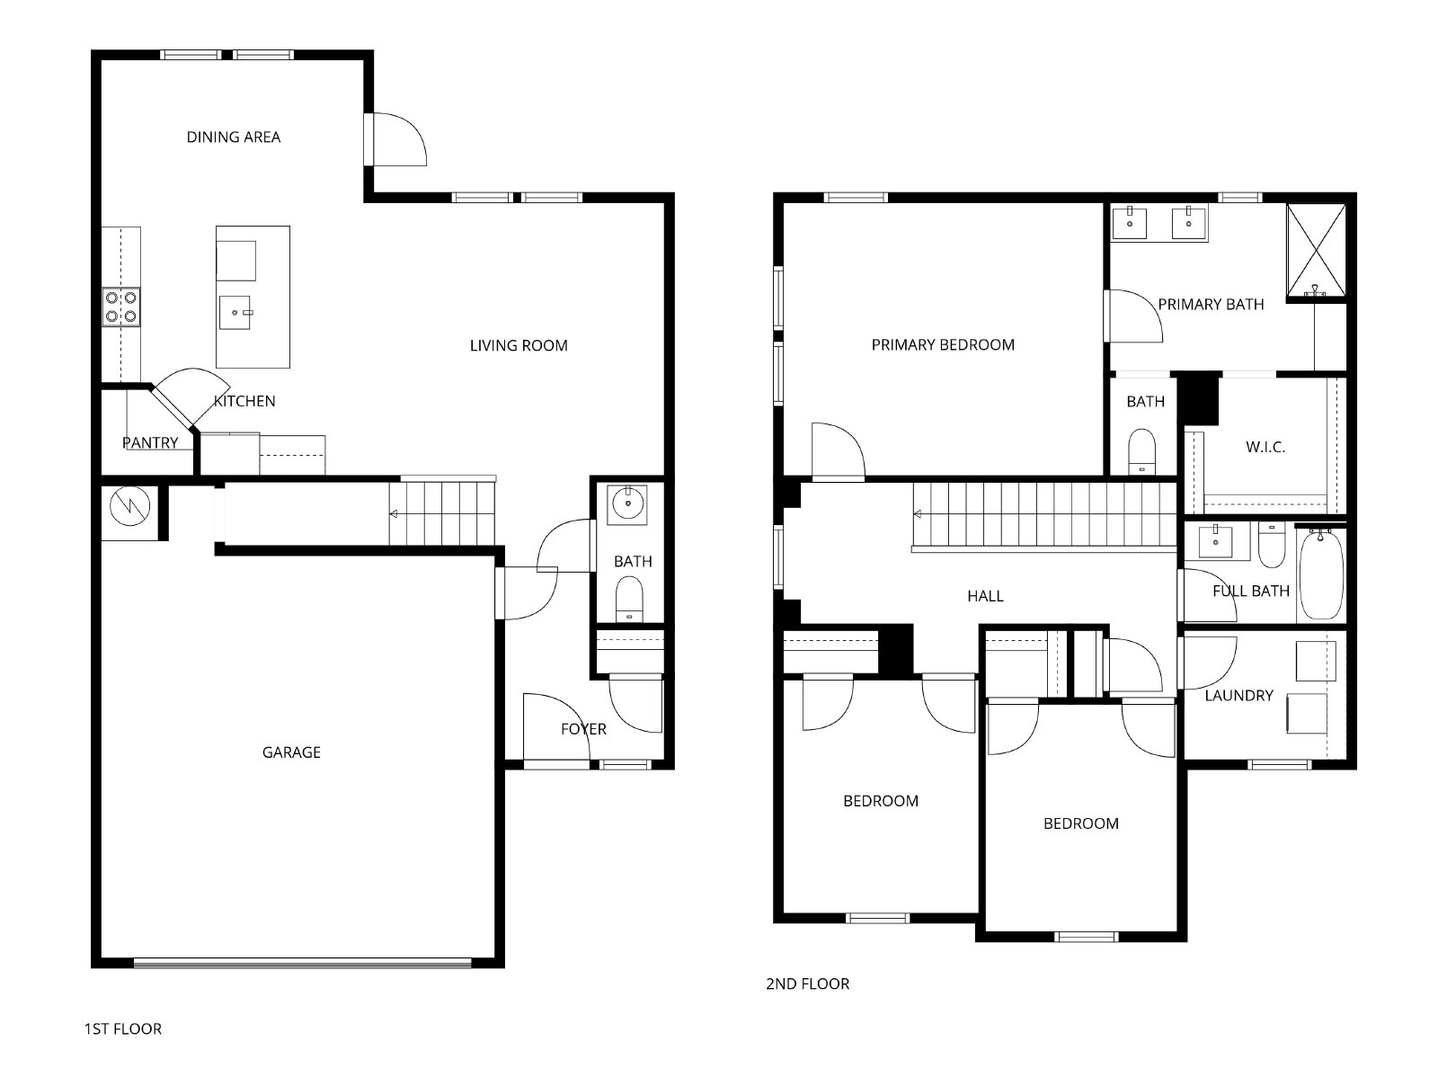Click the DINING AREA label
click(233, 137)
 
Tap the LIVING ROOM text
click(519, 345)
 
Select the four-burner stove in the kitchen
click(121, 307)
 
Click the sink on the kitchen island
click(235, 313)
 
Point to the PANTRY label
click(150, 443)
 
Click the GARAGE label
click(291, 752)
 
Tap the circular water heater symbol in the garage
click(129, 506)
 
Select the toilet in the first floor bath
click(630, 598)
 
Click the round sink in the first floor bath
click(627, 503)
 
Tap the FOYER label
click(583, 728)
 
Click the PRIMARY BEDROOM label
click(943, 344)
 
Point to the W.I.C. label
click(1265, 447)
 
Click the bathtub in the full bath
click(1321, 574)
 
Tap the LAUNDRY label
click(1238, 695)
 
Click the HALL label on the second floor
click(985, 595)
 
